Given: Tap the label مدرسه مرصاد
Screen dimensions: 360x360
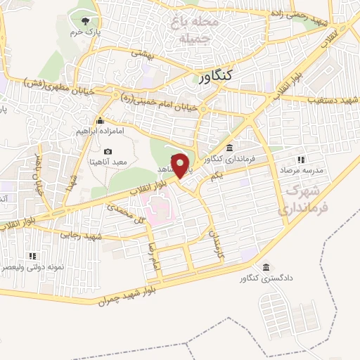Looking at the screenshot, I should pos(301,171).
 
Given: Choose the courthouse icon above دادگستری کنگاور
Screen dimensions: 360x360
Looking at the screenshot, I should pos(266,268).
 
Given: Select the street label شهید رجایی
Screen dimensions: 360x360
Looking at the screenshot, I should pos(82,236).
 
